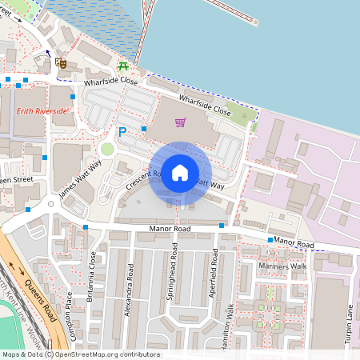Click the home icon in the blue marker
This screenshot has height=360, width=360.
tap(180, 173)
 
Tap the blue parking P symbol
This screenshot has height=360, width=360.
tap(122, 133)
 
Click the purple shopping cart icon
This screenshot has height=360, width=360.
tap(181, 122)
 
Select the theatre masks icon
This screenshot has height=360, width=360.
tap(61, 62)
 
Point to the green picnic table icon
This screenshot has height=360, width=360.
tap(123, 67)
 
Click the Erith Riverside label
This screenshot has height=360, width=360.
tap(42, 110)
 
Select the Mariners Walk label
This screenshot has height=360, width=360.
tap(282, 266)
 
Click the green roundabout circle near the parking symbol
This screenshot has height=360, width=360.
tap(108, 149)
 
